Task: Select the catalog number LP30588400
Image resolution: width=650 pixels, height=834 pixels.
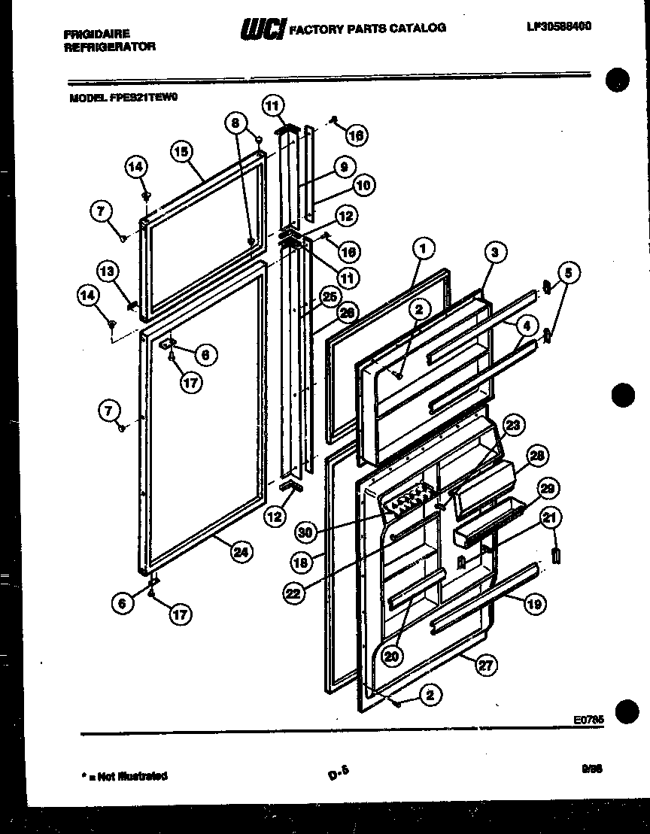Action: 559,26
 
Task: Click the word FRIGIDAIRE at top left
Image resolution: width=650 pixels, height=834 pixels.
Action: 96,34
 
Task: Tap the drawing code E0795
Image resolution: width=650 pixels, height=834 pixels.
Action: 588,720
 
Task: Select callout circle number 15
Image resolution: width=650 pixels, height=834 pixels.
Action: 181,150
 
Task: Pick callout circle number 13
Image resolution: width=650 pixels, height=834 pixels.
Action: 108,271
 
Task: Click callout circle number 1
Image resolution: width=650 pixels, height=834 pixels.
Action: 424,248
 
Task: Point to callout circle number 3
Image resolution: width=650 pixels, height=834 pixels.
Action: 494,253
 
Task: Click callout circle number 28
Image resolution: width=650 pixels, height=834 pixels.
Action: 536,456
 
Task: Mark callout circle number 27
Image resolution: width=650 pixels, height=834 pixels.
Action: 487,664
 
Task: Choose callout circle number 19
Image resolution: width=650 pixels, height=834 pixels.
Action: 535,603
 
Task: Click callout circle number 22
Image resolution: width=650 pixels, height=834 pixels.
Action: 294,593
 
